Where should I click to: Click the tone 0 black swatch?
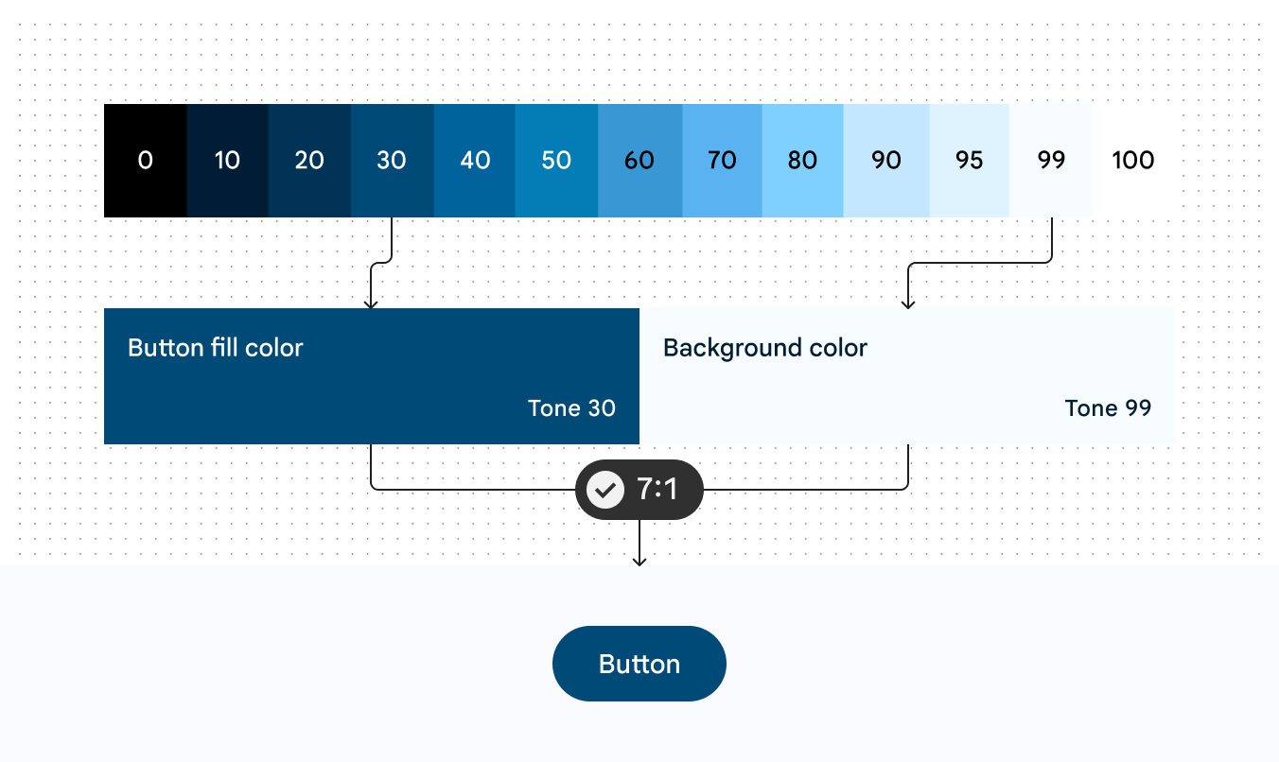tap(146, 161)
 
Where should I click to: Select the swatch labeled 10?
tap(228, 161)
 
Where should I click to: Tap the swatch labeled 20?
tap(309, 161)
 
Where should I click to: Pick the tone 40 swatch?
tap(475, 161)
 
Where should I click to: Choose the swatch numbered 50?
tap(556, 161)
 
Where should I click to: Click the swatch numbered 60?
tap(640, 161)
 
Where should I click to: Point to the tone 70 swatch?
tap(723, 161)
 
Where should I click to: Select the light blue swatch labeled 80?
tap(803, 161)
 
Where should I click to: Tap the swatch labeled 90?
tap(886, 161)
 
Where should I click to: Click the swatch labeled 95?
tap(970, 161)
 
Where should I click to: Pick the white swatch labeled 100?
tap(1133, 161)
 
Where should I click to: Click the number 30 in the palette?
tap(392, 161)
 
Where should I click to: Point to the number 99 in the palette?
tap(1051, 161)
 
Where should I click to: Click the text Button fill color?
tap(216, 348)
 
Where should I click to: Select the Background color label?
tap(765, 348)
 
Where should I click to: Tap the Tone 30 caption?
tap(571, 408)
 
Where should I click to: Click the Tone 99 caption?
tap(1109, 408)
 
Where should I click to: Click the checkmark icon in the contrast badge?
tap(605, 490)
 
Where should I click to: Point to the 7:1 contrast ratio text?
tap(657, 489)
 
